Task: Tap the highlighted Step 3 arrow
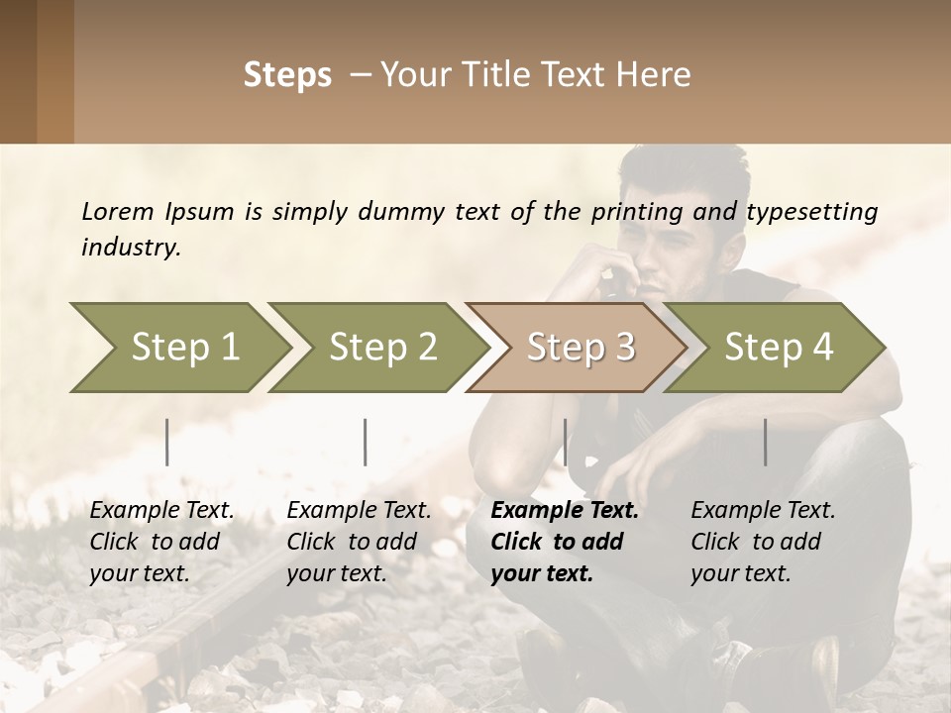[x=575, y=348]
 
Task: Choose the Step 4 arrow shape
[x=773, y=348]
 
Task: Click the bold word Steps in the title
[x=287, y=75]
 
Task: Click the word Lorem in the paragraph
[x=118, y=211]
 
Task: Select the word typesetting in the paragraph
[x=811, y=211]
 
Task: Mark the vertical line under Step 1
[x=167, y=442]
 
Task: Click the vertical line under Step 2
[x=366, y=442]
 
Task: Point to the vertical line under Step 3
[x=566, y=442]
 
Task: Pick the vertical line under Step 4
[x=766, y=442]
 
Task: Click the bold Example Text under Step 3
[x=565, y=511]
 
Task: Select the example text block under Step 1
[x=161, y=542]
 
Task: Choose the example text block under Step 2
[x=359, y=542]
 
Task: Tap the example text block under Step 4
[x=763, y=542]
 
